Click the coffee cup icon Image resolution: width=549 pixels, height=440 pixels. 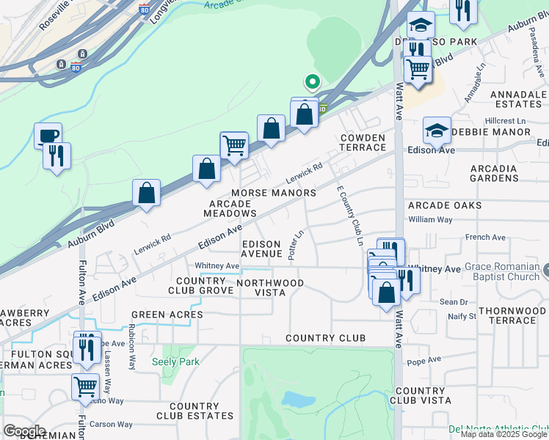(x=48, y=136)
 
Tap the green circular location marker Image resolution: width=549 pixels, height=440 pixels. (x=312, y=81)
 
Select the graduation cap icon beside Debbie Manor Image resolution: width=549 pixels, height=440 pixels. (x=437, y=130)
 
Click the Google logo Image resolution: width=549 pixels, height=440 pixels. (x=24, y=430)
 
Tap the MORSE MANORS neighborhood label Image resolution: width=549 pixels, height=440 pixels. (x=273, y=193)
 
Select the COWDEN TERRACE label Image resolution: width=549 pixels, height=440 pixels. (x=363, y=142)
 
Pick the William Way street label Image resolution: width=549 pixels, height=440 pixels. (x=431, y=219)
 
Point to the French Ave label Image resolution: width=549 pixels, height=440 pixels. (x=485, y=238)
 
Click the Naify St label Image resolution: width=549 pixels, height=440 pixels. (x=462, y=316)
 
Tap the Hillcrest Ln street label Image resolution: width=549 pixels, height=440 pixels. (x=506, y=120)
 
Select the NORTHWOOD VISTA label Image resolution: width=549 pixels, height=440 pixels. (x=270, y=287)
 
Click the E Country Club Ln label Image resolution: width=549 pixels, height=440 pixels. (x=349, y=216)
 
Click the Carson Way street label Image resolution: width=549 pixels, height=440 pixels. (x=112, y=425)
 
